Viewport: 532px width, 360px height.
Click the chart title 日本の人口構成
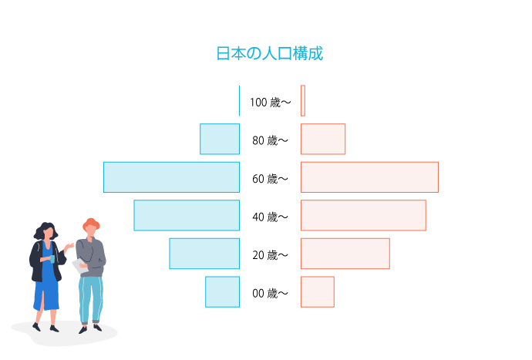pyautogui.click(x=270, y=54)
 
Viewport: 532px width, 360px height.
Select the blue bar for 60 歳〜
pyautogui.click(x=171, y=177)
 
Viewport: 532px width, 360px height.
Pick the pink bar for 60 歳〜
pyautogui.click(x=369, y=177)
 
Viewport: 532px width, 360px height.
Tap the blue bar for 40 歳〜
pyautogui.click(x=187, y=215)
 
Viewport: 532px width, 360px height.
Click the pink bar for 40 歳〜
pyautogui.click(x=363, y=215)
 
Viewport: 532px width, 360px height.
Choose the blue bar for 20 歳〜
pyautogui.click(x=204, y=254)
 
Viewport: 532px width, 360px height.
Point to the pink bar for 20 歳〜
pyautogui.click(x=345, y=254)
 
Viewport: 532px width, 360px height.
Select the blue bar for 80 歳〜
pyautogui.click(x=220, y=139)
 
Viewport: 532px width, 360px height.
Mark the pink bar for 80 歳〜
pyautogui.click(x=323, y=139)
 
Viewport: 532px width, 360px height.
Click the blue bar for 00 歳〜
pyautogui.click(x=222, y=292)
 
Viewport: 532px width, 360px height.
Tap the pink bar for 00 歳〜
pyautogui.click(x=318, y=292)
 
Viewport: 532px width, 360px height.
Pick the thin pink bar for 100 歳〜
pyautogui.click(x=303, y=101)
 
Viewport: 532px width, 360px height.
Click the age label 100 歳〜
pyautogui.click(x=271, y=102)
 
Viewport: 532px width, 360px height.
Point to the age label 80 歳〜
pyautogui.click(x=270, y=140)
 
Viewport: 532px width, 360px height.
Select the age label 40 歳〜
pyautogui.click(x=270, y=217)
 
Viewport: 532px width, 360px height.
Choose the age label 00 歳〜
pyautogui.click(x=270, y=294)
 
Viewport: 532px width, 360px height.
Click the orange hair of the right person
pyautogui.click(x=91, y=224)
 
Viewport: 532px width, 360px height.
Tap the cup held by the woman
pyautogui.click(x=52, y=259)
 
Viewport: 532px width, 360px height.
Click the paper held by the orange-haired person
pyautogui.click(x=80, y=266)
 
